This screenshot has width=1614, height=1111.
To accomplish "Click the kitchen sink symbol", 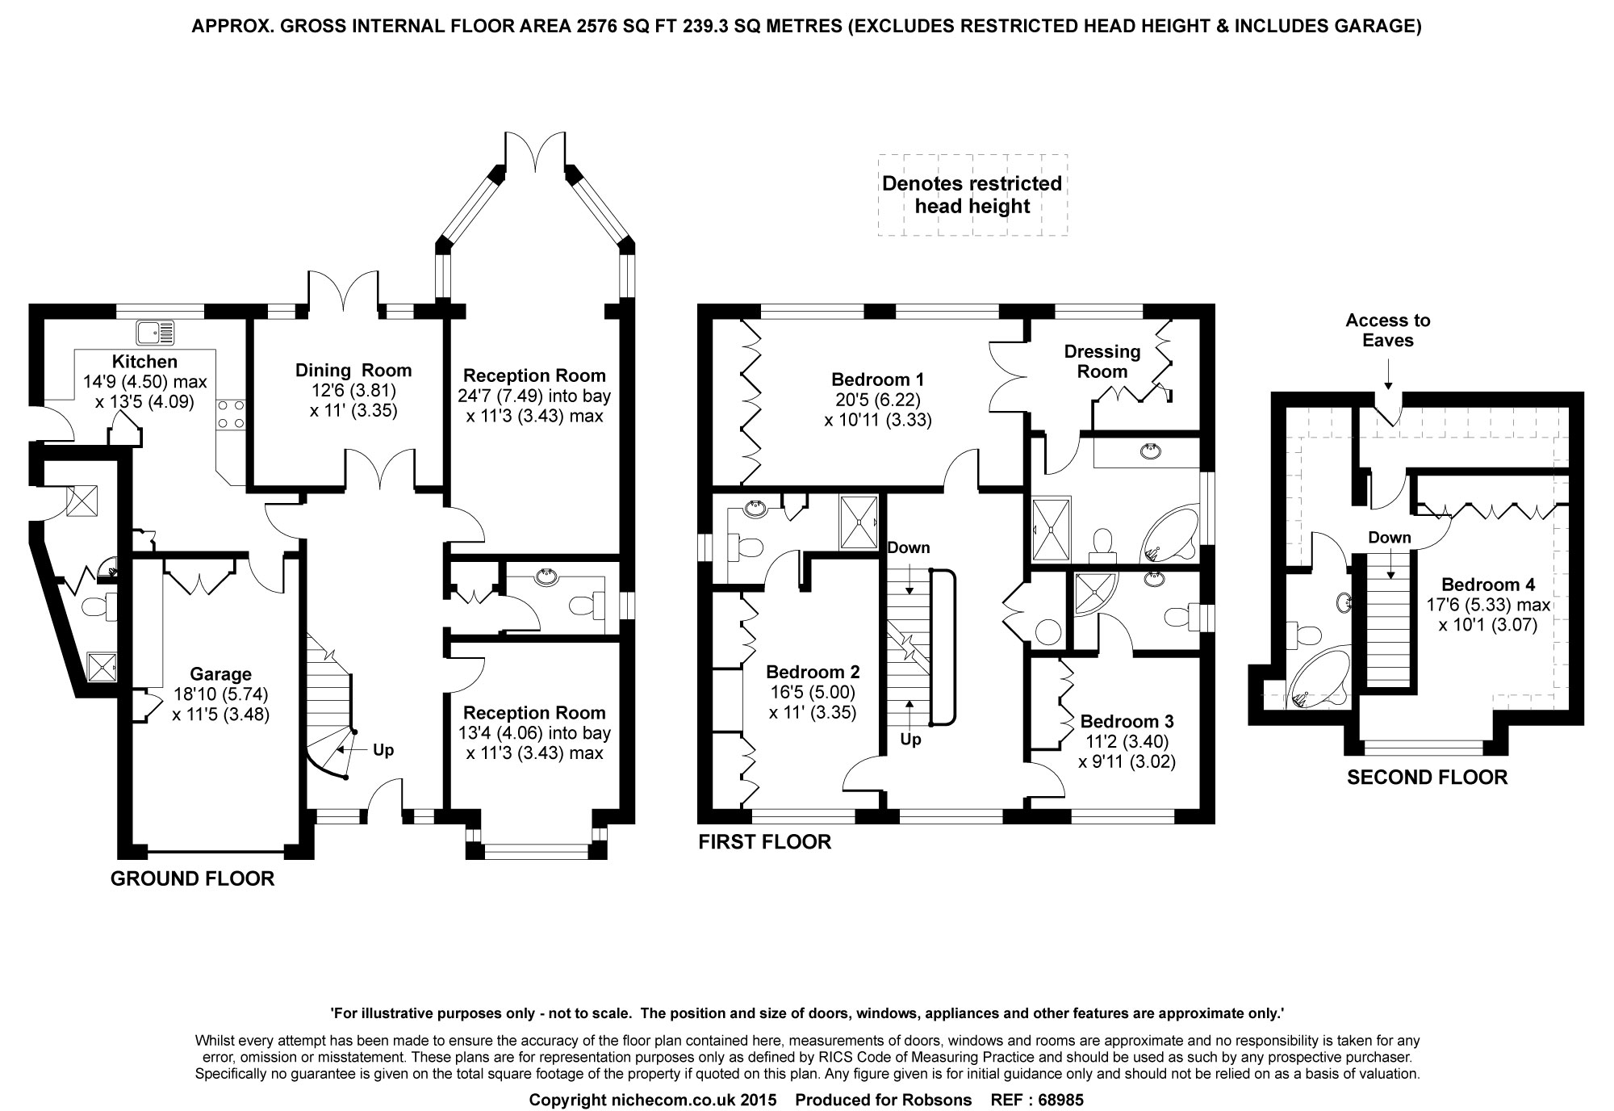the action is click(156, 332).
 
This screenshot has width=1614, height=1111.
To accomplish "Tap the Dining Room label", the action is click(353, 371).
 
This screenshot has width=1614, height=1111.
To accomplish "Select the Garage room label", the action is click(220, 674).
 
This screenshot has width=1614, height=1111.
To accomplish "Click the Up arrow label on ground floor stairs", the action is click(383, 750).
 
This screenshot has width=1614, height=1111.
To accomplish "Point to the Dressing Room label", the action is click(1102, 362).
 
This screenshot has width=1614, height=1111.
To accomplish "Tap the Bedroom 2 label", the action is click(813, 672).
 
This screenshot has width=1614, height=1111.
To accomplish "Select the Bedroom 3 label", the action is click(1127, 721).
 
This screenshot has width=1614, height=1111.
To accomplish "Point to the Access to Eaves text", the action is click(1388, 330).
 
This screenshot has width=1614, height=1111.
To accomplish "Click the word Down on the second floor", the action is click(1390, 538).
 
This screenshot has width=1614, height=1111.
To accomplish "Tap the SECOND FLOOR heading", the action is click(1428, 778).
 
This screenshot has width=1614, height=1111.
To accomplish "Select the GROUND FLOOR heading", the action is click(192, 878).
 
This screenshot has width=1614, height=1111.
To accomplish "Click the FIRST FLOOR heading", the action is click(764, 843).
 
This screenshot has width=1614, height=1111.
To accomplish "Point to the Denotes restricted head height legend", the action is click(972, 195).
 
